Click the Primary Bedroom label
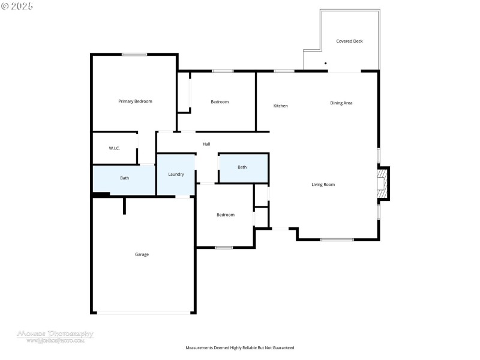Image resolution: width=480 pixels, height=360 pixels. click(x=135, y=101)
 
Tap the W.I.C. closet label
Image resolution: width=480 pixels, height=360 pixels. click(x=114, y=148)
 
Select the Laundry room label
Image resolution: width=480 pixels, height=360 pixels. click(x=176, y=174)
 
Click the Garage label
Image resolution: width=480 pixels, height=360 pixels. click(x=142, y=254)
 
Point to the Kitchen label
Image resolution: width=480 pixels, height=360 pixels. click(x=280, y=106)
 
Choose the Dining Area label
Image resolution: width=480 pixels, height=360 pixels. click(x=341, y=103)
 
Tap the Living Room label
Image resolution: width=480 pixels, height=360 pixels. click(x=323, y=185)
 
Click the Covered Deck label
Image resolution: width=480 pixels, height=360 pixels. click(x=349, y=41)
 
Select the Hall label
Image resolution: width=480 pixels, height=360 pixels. click(x=206, y=144)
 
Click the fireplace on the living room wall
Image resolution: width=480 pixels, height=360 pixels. click(x=382, y=183)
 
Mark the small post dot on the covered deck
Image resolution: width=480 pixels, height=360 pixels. click(x=326, y=63)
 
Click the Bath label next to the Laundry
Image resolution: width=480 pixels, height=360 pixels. click(x=124, y=178)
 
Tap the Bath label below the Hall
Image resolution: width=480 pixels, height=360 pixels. click(x=242, y=167)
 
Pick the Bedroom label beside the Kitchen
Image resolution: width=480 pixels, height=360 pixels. click(x=220, y=102)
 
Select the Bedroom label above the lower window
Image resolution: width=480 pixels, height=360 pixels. click(x=226, y=215)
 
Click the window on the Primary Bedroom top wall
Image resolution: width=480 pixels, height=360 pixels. click(x=134, y=55)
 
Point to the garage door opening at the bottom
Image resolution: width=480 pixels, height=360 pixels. click(x=143, y=312)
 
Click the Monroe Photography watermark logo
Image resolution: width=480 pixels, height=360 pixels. click(x=55, y=335)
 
